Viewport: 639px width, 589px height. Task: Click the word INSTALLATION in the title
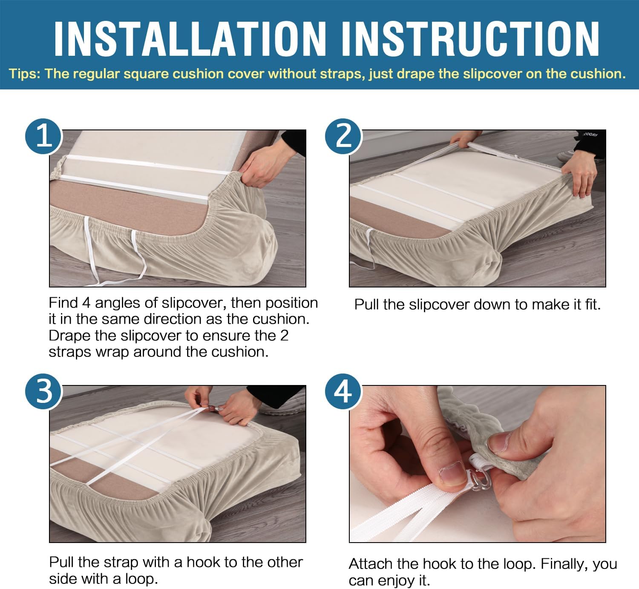pyautogui.click(x=190, y=39)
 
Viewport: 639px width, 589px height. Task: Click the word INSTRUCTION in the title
pyautogui.click(x=470, y=39)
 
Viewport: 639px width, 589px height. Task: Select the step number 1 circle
pyautogui.click(x=43, y=136)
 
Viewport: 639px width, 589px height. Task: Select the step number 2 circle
pyautogui.click(x=343, y=136)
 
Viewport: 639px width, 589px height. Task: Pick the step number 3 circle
pyautogui.click(x=43, y=391)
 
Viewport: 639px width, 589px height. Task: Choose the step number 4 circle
pyautogui.click(x=343, y=391)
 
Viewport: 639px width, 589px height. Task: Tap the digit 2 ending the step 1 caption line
pyautogui.click(x=284, y=336)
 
